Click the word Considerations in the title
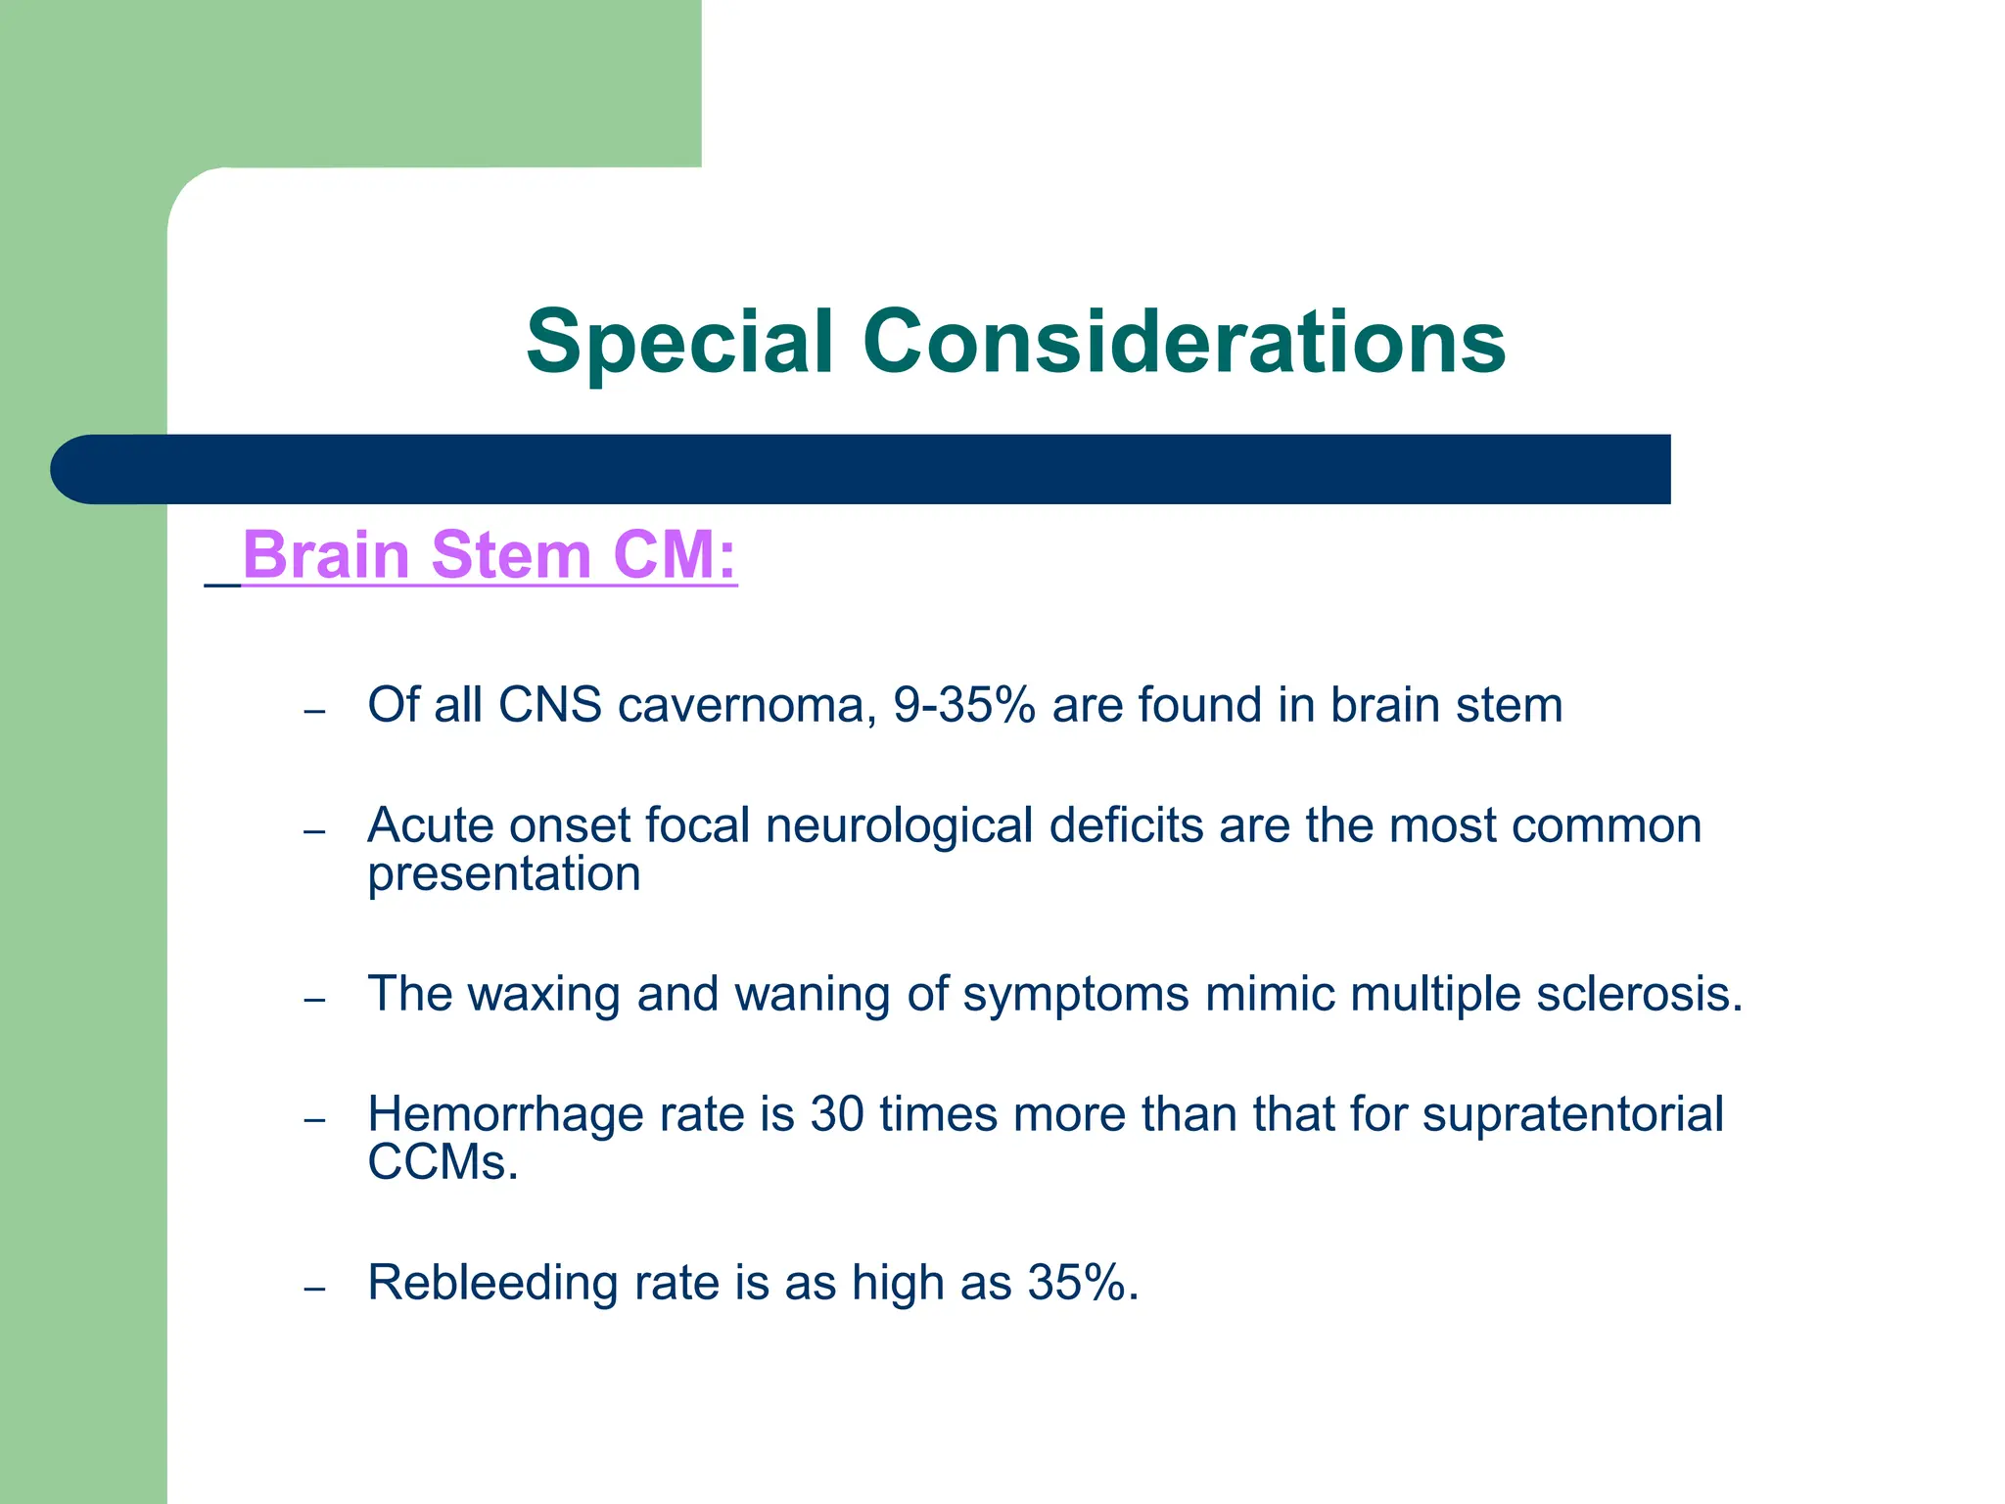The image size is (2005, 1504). [1184, 343]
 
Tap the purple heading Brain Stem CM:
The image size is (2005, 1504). [489, 555]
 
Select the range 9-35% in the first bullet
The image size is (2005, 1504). [964, 706]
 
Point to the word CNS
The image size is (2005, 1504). [549, 706]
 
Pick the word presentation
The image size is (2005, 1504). [503, 874]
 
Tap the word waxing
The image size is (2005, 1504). [544, 995]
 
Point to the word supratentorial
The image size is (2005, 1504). [1572, 1115]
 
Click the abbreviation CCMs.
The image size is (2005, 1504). [442, 1163]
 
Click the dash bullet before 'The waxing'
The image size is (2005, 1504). [314, 1000]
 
